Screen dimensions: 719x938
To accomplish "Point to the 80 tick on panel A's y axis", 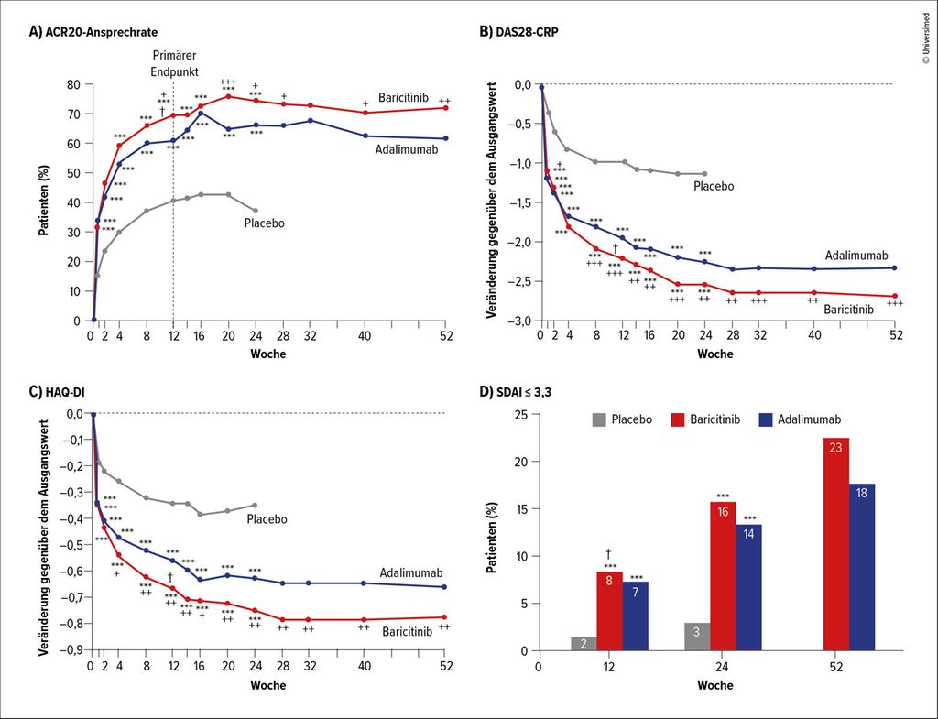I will click(x=73, y=85).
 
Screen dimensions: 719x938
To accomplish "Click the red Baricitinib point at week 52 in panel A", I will click(x=445, y=107).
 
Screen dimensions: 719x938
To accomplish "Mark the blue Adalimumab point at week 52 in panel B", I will click(x=894, y=267).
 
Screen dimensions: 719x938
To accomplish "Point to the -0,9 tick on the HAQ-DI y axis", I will click(x=70, y=649).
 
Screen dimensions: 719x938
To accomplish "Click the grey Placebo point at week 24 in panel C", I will click(x=255, y=505).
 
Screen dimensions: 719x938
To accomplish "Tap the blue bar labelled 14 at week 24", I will click(x=747, y=587).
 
